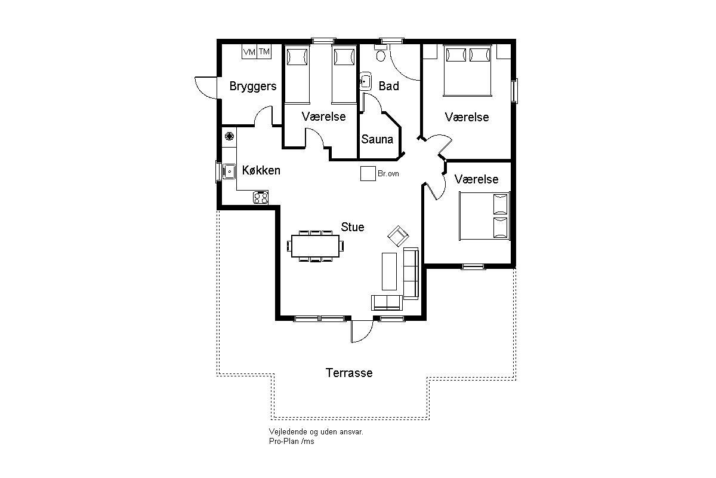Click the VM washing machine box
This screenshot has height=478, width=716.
coord(249,51)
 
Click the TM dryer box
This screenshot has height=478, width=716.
coord(264,51)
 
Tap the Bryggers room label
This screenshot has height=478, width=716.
coord(253,87)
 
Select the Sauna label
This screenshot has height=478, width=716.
coord(377,139)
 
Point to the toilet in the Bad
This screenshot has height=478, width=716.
coord(381,53)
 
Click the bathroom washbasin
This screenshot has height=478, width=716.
coord(366,82)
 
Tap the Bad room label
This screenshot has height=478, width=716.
coord(388,86)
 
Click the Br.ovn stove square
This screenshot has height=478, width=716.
coord(368,173)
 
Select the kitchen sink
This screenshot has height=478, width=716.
coord(229,171)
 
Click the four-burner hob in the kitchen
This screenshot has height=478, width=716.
coord(261,197)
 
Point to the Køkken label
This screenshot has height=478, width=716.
coord(261,170)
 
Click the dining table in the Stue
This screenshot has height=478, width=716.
coord(315,246)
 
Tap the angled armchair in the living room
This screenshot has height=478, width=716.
coord(398,236)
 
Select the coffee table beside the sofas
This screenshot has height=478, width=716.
coord(389,271)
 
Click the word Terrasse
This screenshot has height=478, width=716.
coord(349,373)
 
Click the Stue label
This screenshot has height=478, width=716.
coord(353,227)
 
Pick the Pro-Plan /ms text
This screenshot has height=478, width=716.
coord(292,442)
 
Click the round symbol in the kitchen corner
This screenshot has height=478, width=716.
coord(229,136)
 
